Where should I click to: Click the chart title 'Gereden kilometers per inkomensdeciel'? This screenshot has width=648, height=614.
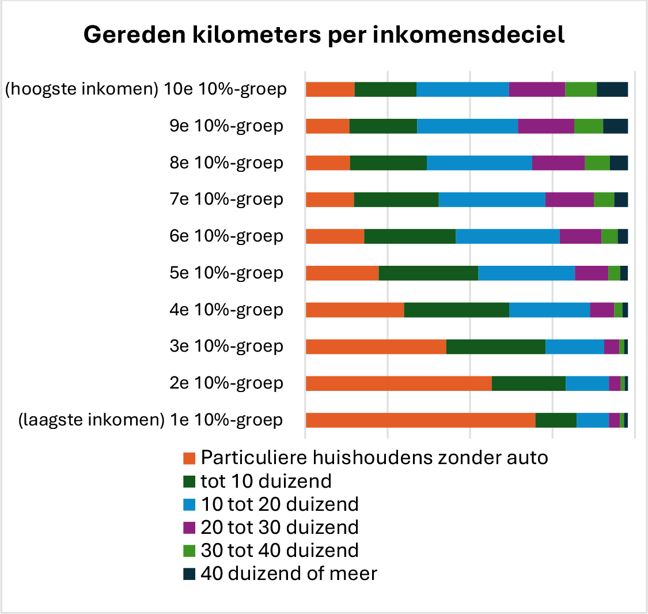pyautogui.click(x=324, y=35)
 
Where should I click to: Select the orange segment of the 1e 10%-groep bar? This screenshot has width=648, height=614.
pyautogui.click(x=420, y=420)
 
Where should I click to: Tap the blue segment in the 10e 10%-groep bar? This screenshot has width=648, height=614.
pyautogui.click(x=463, y=89)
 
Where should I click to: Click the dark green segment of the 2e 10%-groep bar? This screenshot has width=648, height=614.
pyautogui.click(x=528, y=383)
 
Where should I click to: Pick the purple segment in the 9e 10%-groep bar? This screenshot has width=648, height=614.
pyautogui.click(x=546, y=126)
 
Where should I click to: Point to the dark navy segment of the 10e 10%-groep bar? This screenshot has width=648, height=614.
pyautogui.click(x=612, y=89)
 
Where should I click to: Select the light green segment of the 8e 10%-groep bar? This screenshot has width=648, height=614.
pyautogui.click(x=597, y=163)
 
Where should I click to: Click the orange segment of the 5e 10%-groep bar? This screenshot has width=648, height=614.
pyautogui.click(x=342, y=273)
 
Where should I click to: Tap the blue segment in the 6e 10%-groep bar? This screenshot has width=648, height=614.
pyautogui.click(x=507, y=236)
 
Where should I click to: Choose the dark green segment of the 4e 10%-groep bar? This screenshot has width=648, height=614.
pyautogui.click(x=456, y=310)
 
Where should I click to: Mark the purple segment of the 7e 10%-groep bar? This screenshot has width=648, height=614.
pyautogui.click(x=569, y=199)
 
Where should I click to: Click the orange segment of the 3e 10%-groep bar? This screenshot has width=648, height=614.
pyautogui.click(x=376, y=346)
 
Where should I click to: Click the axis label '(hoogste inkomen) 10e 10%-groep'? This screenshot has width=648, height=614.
pyautogui.click(x=146, y=89)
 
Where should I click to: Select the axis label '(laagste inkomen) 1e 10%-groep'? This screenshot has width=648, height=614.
pyautogui.click(x=150, y=420)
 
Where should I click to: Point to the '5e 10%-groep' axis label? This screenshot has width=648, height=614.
pyautogui.click(x=226, y=273)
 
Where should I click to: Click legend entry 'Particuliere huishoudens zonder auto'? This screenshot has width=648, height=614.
pyautogui.click(x=374, y=458)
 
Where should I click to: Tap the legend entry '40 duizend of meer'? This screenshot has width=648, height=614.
pyautogui.click(x=289, y=574)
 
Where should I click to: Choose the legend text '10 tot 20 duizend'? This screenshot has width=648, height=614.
pyautogui.click(x=279, y=504)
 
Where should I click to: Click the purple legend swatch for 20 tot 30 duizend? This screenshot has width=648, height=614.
pyautogui.click(x=190, y=528)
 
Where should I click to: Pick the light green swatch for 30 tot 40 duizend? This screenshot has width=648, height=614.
pyautogui.click(x=190, y=551)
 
